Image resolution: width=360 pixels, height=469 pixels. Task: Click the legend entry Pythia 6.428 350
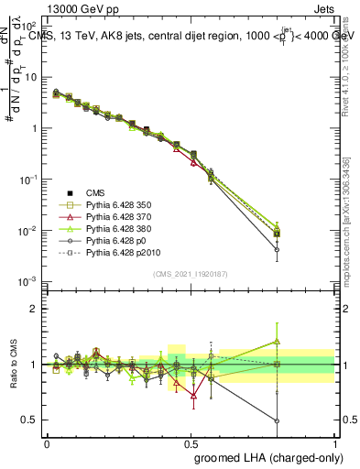click(x=118, y=205)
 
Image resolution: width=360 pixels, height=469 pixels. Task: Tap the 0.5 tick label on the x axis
click(x=191, y=442)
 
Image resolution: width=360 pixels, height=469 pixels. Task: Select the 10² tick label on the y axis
click(x=27, y=27)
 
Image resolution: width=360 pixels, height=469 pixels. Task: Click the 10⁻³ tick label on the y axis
click(x=27, y=280)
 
